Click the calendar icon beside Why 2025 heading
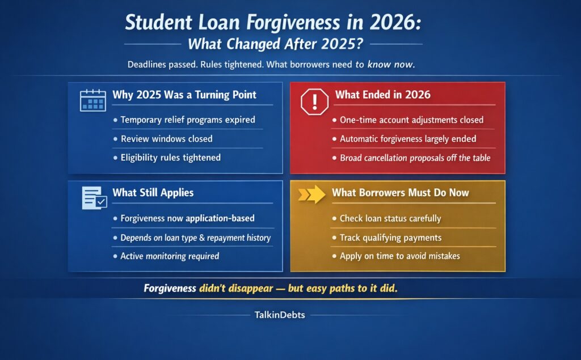point(93,100)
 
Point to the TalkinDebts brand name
point(279,315)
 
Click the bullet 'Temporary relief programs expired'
point(188,120)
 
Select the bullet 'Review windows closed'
point(166,138)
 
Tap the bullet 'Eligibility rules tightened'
point(170,157)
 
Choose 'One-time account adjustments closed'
point(411,120)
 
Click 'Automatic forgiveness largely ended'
point(407,138)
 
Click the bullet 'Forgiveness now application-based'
point(187,218)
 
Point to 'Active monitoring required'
point(170,256)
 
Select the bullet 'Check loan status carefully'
point(390,218)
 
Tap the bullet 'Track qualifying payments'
point(390,237)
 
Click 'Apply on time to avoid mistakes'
point(399,256)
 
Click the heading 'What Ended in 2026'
point(382,95)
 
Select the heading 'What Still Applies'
point(153,193)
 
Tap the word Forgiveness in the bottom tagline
point(170,288)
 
